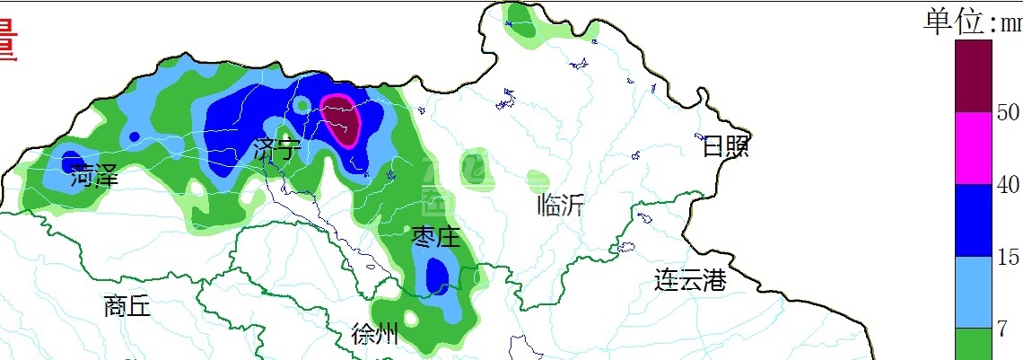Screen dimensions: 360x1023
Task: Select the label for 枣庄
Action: pyautogui.click(x=436, y=237)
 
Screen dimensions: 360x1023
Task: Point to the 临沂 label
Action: pyautogui.click(x=561, y=206)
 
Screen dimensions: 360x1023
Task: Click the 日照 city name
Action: pyautogui.click(x=725, y=146)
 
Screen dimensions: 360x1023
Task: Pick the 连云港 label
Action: pyautogui.click(x=689, y=280)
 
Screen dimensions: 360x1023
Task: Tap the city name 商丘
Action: pyautogui.click(x=127, y=307)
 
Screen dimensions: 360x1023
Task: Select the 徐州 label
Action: pyautogui.click(x=375, y=336)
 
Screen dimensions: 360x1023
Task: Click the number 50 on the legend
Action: pyautogui.click(x=1008, y=112)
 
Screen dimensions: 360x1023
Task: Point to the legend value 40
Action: pyautogui.click(x=1008, y=185)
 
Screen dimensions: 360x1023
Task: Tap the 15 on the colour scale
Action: pyautogui.click(x=1008, y=258)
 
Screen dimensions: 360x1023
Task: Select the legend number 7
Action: pyautogui.click(x=1002, y=329)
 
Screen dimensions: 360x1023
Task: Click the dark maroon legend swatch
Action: pyautogui.click(x=974, y=76)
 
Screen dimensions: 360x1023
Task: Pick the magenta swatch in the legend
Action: pyautogui.click(x=974, y=148)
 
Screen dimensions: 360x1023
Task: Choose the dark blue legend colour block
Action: pyautogui.click(x=974, y=221)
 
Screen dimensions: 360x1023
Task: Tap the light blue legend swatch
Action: pyautogui.click(x=974, y=293)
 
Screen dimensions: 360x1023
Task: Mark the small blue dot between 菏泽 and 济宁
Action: pyautogui.click(x=134, y=136)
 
